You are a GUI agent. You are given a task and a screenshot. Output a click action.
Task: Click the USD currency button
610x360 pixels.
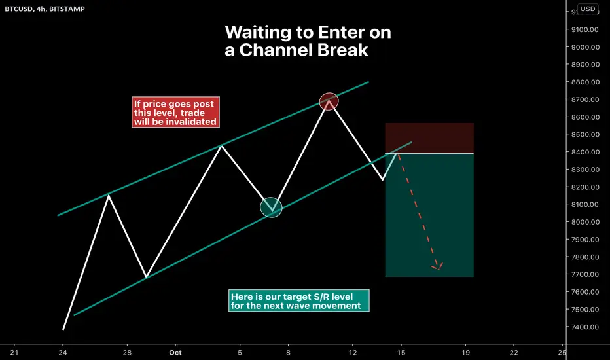tap(588, 9)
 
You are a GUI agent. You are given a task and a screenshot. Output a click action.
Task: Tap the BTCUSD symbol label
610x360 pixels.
tap(19, 9)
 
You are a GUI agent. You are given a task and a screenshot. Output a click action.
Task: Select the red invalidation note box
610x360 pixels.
tap(175, 112)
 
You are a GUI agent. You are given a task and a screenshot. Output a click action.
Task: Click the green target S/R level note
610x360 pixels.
tap(298, 301)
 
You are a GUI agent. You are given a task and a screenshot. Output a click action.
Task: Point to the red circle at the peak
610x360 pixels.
tap(329, 101)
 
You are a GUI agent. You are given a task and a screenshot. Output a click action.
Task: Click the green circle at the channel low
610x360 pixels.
tap(271, 207)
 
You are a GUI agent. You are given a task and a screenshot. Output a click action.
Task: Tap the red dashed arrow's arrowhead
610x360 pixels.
tap(438, 266)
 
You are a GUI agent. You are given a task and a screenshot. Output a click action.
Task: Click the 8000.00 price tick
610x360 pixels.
tap(585, 222)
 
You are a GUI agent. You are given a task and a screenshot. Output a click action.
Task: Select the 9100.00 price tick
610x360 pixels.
tap(585, 29)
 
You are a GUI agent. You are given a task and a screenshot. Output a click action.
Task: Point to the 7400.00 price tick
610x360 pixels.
tap(585, 327)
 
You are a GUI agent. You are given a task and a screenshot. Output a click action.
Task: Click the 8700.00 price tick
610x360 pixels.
tap(585, 99)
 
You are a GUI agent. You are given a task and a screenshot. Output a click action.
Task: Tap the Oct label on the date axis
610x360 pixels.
tap(175, 353)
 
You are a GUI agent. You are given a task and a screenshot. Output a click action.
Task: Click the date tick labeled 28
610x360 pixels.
tap(127, 353)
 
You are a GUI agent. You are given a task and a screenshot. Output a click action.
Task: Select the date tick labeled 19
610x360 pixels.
tap(465, 353)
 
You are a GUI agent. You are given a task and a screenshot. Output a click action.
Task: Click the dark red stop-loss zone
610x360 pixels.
tap(429, 138)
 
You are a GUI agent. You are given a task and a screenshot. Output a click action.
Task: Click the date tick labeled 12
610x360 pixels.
tap(353, 353)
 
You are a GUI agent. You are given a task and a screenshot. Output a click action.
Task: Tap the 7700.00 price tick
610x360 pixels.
tap(585, 274)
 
